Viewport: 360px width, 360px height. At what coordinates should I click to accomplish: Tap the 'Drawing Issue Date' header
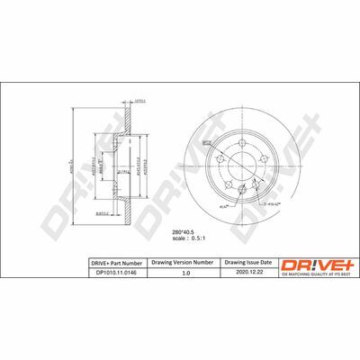coord(247,262)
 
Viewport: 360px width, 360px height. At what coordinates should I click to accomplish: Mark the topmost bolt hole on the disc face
coord(241,143)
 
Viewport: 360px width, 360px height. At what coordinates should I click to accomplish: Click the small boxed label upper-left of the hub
coord(205,141)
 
